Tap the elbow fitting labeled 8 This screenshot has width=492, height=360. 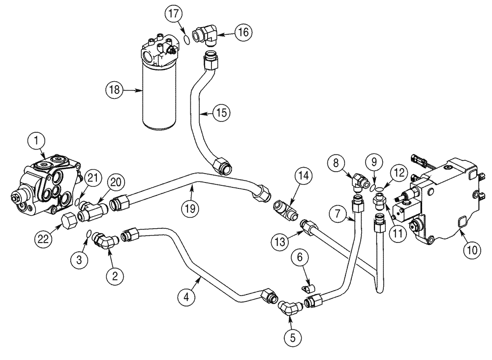click(x=358, y=180)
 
